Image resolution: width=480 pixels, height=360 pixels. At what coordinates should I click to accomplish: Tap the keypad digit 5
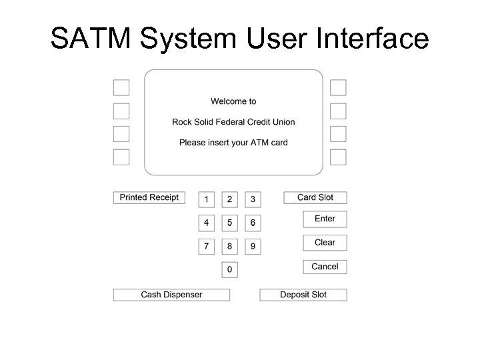(229, 223)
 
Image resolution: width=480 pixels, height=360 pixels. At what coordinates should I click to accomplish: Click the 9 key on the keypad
(253, 247)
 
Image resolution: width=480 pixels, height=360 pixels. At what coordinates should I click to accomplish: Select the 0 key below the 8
(229, 270)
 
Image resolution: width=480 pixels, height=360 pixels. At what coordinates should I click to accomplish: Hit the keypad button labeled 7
(207, 247)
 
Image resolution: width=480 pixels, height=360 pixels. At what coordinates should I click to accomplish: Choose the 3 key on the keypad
(253, 199)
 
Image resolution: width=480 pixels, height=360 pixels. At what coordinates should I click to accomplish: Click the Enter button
(325, 219)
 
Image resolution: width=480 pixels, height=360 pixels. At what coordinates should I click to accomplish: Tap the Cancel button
(325, 267)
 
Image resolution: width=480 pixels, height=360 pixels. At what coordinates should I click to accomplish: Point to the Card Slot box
(315, 197)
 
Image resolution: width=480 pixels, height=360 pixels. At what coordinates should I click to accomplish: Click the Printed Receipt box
(149, 197)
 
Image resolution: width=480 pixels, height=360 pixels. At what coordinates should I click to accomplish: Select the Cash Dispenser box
(171, 295)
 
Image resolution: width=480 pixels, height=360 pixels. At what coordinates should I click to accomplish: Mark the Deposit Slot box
(303, 295)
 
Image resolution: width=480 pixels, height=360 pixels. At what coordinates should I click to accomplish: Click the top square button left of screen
(121, 87)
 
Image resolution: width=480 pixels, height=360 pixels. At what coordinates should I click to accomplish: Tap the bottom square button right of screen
(339, 157)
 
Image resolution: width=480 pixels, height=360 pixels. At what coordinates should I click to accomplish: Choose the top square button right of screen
(339, 87)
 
